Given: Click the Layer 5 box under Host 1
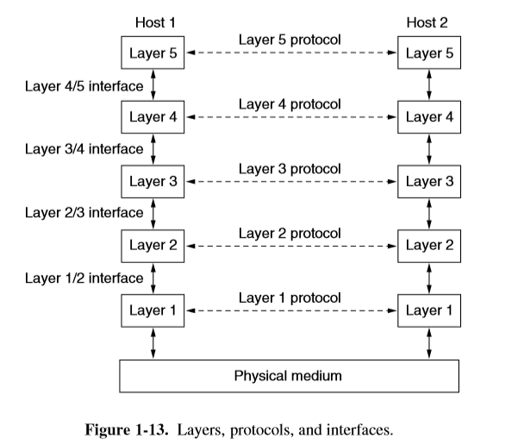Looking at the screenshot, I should pyautogui.click(x=153, y=53).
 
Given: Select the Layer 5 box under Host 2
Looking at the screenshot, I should pyautogui.click(x=428, y=53).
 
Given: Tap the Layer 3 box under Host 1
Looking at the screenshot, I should pyautogui.click(x=153, y=182).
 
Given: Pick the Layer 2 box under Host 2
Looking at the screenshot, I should pyautogui.click(x=428, y=246).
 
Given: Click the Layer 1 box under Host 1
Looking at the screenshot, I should pyautogui.click(x=153, y=310).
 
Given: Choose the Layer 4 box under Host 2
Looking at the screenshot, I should pyautogui.click(x=428, y=117).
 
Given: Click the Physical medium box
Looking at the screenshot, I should pyautogui.click(x=289, y=375).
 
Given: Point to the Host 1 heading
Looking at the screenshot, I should pyautogui.click(x=156, y=20).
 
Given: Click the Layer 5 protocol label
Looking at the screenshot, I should pyautogui.click(x=290, y=40).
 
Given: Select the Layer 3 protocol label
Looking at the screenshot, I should pyautogui.click(x=290, y=168).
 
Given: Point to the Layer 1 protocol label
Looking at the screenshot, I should pyautogui.click(x=290, y=298).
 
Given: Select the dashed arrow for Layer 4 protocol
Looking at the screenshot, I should pyautogui.click(x=290, y=118).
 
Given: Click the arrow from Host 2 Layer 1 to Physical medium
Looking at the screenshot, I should pyautogui.click(x=429, y=342).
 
